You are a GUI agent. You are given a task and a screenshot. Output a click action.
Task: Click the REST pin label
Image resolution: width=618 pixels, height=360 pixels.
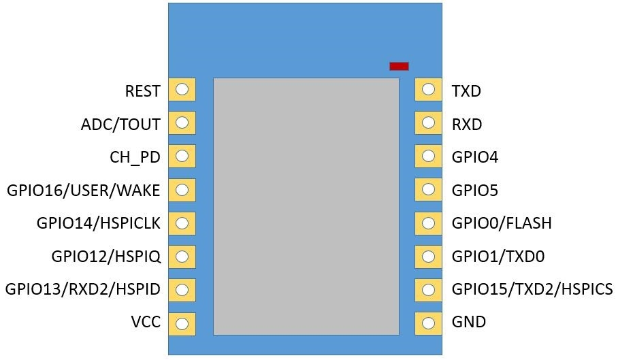pos(143,91)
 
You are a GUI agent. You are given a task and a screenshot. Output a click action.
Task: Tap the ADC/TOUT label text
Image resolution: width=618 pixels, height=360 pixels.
pos(120,125)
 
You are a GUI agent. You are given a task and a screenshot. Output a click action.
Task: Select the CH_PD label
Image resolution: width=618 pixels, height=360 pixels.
pos(135,158)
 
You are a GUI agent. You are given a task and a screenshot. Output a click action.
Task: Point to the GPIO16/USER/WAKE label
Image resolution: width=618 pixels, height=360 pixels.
pos(84,191)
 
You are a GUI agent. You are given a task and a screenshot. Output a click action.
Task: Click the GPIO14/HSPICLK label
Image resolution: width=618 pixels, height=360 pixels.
pos(99,223)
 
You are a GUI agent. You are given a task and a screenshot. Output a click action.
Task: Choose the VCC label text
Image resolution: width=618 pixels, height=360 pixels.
pos(146,322)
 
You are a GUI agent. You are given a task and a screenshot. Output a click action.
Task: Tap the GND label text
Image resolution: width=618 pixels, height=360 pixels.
pos(469,322)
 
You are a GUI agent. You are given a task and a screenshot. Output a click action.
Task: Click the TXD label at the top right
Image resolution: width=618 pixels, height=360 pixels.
pos(466,91)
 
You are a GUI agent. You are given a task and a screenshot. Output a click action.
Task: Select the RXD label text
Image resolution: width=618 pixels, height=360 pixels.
pos(467,125)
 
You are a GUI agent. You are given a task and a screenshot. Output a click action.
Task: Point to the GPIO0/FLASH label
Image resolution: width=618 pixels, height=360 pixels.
pos(502,223)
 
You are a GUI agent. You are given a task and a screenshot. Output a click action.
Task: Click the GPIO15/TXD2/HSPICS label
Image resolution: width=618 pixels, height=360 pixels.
pos(532,289)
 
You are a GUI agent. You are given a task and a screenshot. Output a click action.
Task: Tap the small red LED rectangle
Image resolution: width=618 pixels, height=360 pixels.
pos(399,66)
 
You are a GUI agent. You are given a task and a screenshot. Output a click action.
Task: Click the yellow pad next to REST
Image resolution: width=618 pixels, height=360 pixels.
pos(182,89)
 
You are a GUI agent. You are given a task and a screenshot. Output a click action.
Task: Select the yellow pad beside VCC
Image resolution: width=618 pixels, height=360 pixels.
pos(182,324)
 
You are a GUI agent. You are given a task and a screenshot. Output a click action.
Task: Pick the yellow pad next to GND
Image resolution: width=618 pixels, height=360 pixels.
pos(428,324)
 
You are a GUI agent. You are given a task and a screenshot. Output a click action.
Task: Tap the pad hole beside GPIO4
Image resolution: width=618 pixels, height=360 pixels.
pos(428,156)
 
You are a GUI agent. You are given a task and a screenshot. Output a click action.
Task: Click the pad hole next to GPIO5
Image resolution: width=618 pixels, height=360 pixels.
pos(428,189)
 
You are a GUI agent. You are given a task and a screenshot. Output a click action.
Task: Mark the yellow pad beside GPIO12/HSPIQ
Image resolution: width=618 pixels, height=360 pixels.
pos(182,257)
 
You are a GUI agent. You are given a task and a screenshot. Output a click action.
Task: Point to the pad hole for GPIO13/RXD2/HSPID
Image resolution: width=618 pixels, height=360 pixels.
pos(182,291)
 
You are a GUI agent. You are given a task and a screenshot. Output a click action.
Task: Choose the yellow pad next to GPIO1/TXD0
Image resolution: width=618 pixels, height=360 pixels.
pos(428,257)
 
